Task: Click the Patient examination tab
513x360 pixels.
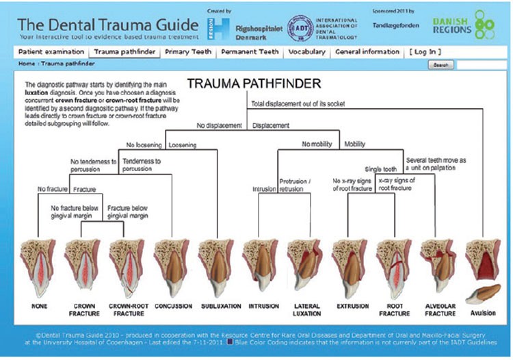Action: click(x=51, y=52)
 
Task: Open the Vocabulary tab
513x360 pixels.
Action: click(x=306, y=52)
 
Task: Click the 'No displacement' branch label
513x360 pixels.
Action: click(x=219, y=126)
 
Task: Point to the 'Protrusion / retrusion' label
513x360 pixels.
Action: click(x=295, y=185)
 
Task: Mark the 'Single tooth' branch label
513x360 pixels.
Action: click(x=381, y=168)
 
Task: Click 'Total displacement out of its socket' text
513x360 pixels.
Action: click(x=298, y=104)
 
